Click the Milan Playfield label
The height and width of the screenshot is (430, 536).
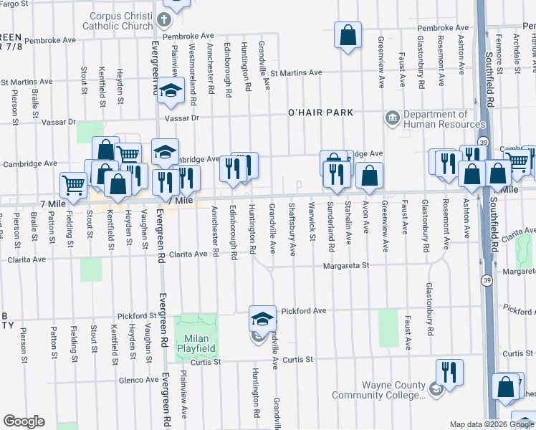click(196, 343)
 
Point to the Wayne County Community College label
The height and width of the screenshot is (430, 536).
click(393, 390)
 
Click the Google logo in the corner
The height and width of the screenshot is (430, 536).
click(24, 421)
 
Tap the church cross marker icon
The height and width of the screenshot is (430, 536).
click(163, 19)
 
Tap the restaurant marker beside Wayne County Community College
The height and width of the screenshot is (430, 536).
click(449, 371)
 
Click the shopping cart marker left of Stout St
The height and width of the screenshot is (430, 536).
click(73, 185)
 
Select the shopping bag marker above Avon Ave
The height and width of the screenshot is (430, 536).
click(370, 175)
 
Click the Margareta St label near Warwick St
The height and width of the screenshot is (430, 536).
click(345, 265)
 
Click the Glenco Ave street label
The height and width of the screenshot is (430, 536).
click(138, 381)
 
